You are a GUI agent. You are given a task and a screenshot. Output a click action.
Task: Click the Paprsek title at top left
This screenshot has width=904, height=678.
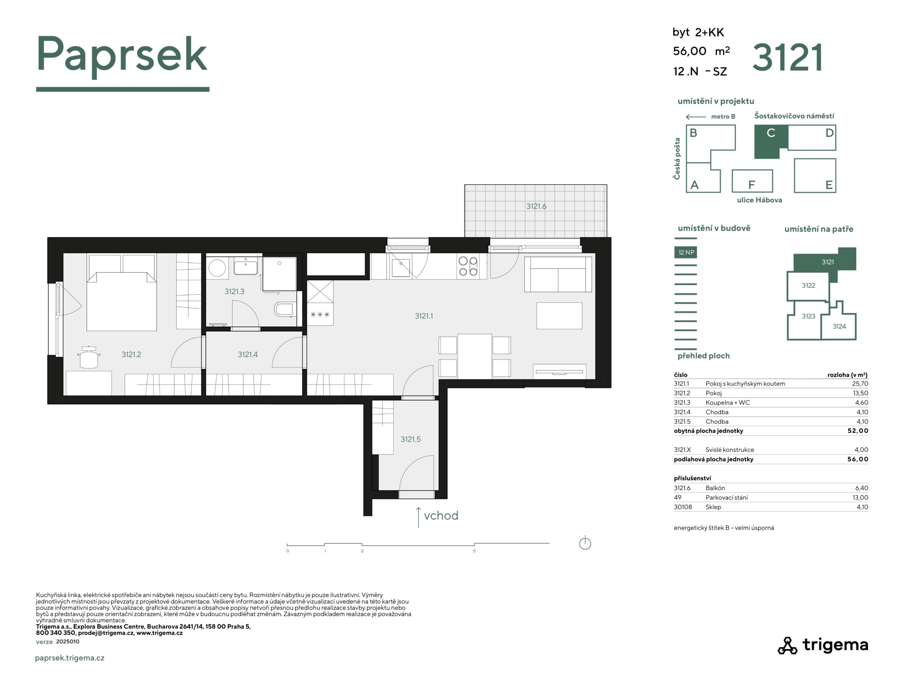point(122,55)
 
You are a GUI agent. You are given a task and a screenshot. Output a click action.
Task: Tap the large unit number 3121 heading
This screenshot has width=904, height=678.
point(787,58)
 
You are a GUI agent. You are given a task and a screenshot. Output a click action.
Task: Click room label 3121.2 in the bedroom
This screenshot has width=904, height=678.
point(131,354)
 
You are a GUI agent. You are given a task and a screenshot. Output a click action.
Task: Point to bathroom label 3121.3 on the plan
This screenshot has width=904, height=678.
point(234,291)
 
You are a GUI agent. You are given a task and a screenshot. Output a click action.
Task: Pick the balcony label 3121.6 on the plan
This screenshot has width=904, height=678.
point(536,206)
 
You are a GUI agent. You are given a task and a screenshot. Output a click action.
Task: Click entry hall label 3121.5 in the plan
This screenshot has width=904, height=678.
point(410,439)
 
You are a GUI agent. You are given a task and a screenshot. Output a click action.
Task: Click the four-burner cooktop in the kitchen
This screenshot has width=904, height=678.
point(468,266)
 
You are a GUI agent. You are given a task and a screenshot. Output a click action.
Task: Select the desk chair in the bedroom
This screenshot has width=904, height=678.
point(89,358)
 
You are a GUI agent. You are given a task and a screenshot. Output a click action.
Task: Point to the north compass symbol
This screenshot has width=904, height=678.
point(585,543)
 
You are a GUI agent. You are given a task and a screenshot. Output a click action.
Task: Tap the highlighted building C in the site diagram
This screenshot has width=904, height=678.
point(771,141)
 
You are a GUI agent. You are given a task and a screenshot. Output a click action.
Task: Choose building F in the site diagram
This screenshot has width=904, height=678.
point(752,181)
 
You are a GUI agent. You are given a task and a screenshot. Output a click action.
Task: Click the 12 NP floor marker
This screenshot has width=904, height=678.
point(685,252)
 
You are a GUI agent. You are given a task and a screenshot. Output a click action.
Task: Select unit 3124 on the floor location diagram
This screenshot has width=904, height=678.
point(839,326)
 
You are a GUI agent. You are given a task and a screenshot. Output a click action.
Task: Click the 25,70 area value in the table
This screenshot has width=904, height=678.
point(860,384)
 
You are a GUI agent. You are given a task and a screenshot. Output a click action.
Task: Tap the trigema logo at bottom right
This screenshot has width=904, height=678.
point(823,645)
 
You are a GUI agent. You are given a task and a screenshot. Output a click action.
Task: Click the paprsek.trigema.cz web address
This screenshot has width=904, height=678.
point(70,658)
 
